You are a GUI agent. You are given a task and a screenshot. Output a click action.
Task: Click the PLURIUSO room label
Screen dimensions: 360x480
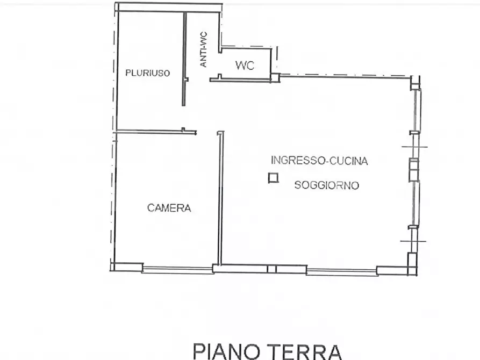148,73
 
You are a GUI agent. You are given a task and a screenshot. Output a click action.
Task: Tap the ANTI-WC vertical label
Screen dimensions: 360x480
204,49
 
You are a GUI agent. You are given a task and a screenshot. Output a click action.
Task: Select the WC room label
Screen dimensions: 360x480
245,66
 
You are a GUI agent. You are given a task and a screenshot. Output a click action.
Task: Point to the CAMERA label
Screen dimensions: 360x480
169,208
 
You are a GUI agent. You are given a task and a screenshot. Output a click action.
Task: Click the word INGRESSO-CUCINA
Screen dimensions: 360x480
319,161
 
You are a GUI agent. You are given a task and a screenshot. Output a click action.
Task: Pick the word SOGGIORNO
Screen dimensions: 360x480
326,186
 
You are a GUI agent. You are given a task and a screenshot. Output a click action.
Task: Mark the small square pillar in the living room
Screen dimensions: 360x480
274,178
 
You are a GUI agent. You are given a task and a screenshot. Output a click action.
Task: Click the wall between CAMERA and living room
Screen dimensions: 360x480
219,199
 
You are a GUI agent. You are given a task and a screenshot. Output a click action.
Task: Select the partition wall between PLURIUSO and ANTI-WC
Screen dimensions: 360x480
184,59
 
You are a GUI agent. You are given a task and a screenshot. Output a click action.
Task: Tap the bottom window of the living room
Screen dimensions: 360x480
341,271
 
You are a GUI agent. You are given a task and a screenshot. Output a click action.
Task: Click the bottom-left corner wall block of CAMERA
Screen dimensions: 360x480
127,267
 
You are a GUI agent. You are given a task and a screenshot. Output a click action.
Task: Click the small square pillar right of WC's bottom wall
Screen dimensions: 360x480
275,77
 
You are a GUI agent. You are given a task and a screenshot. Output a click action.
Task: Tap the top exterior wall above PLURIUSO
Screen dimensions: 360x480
169,8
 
